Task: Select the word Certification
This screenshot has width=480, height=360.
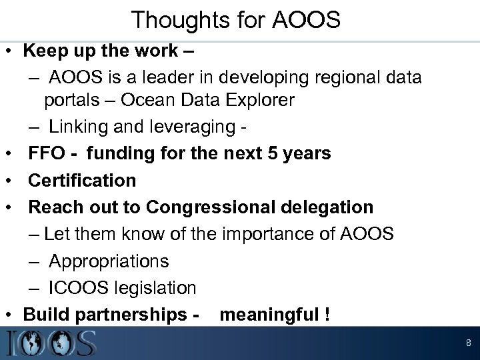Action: [x=82, y=180]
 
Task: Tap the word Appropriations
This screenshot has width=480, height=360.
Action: [x=109, y=261]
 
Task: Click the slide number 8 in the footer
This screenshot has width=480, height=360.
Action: [x=469, y=344]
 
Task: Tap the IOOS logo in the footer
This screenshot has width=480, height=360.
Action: [x=50, y=343]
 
